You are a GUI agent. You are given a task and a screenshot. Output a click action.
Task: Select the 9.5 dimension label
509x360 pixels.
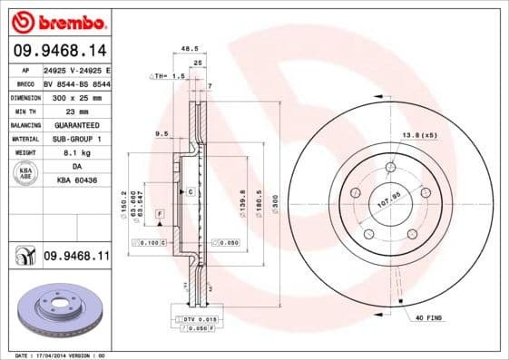tap(162, 133)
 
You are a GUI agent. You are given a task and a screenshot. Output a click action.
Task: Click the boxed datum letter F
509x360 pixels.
tap(160, 212)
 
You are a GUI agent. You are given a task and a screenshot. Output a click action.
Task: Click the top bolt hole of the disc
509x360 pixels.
tap(390, 167)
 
